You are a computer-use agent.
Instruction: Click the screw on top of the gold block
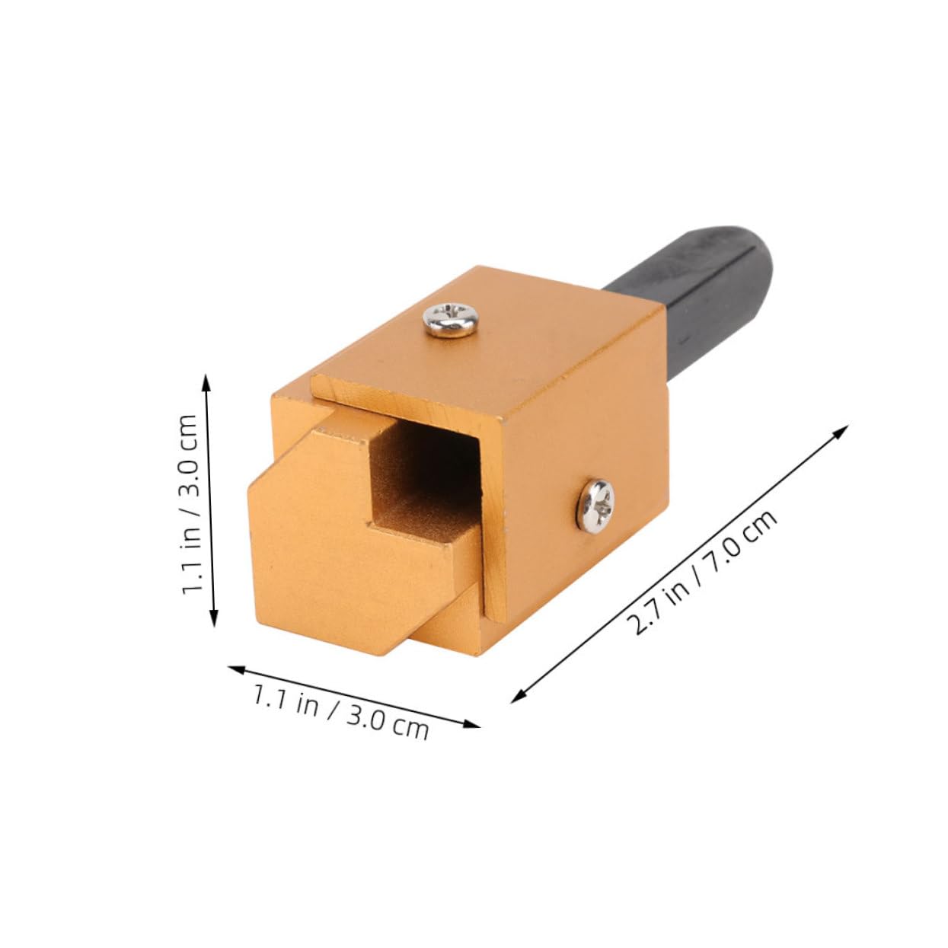tap(452, 318)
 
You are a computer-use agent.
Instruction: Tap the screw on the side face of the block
tap(594, 504)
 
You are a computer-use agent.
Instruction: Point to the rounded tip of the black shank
tap(750, 228)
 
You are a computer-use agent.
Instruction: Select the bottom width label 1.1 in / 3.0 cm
tap(341, 711)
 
